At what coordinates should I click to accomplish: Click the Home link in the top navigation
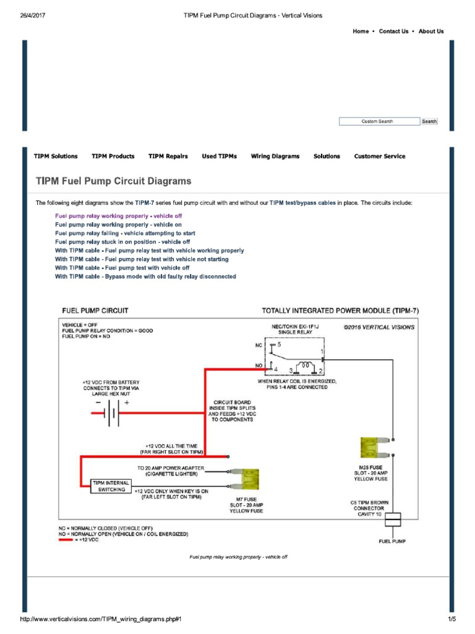[361, 32]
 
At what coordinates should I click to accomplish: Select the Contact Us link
[393, 32]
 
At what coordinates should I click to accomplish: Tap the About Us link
[431, 32]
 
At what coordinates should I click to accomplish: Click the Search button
[429, 121]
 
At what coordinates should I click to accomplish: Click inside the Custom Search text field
[379, 121]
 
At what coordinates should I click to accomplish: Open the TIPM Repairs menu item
[168, 157]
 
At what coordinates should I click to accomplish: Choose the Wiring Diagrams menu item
[275, 157]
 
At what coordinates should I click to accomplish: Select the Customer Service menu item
[380, 157]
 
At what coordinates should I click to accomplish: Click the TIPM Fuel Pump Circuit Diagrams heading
[114, 181]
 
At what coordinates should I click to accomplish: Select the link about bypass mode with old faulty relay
[145, 277]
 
